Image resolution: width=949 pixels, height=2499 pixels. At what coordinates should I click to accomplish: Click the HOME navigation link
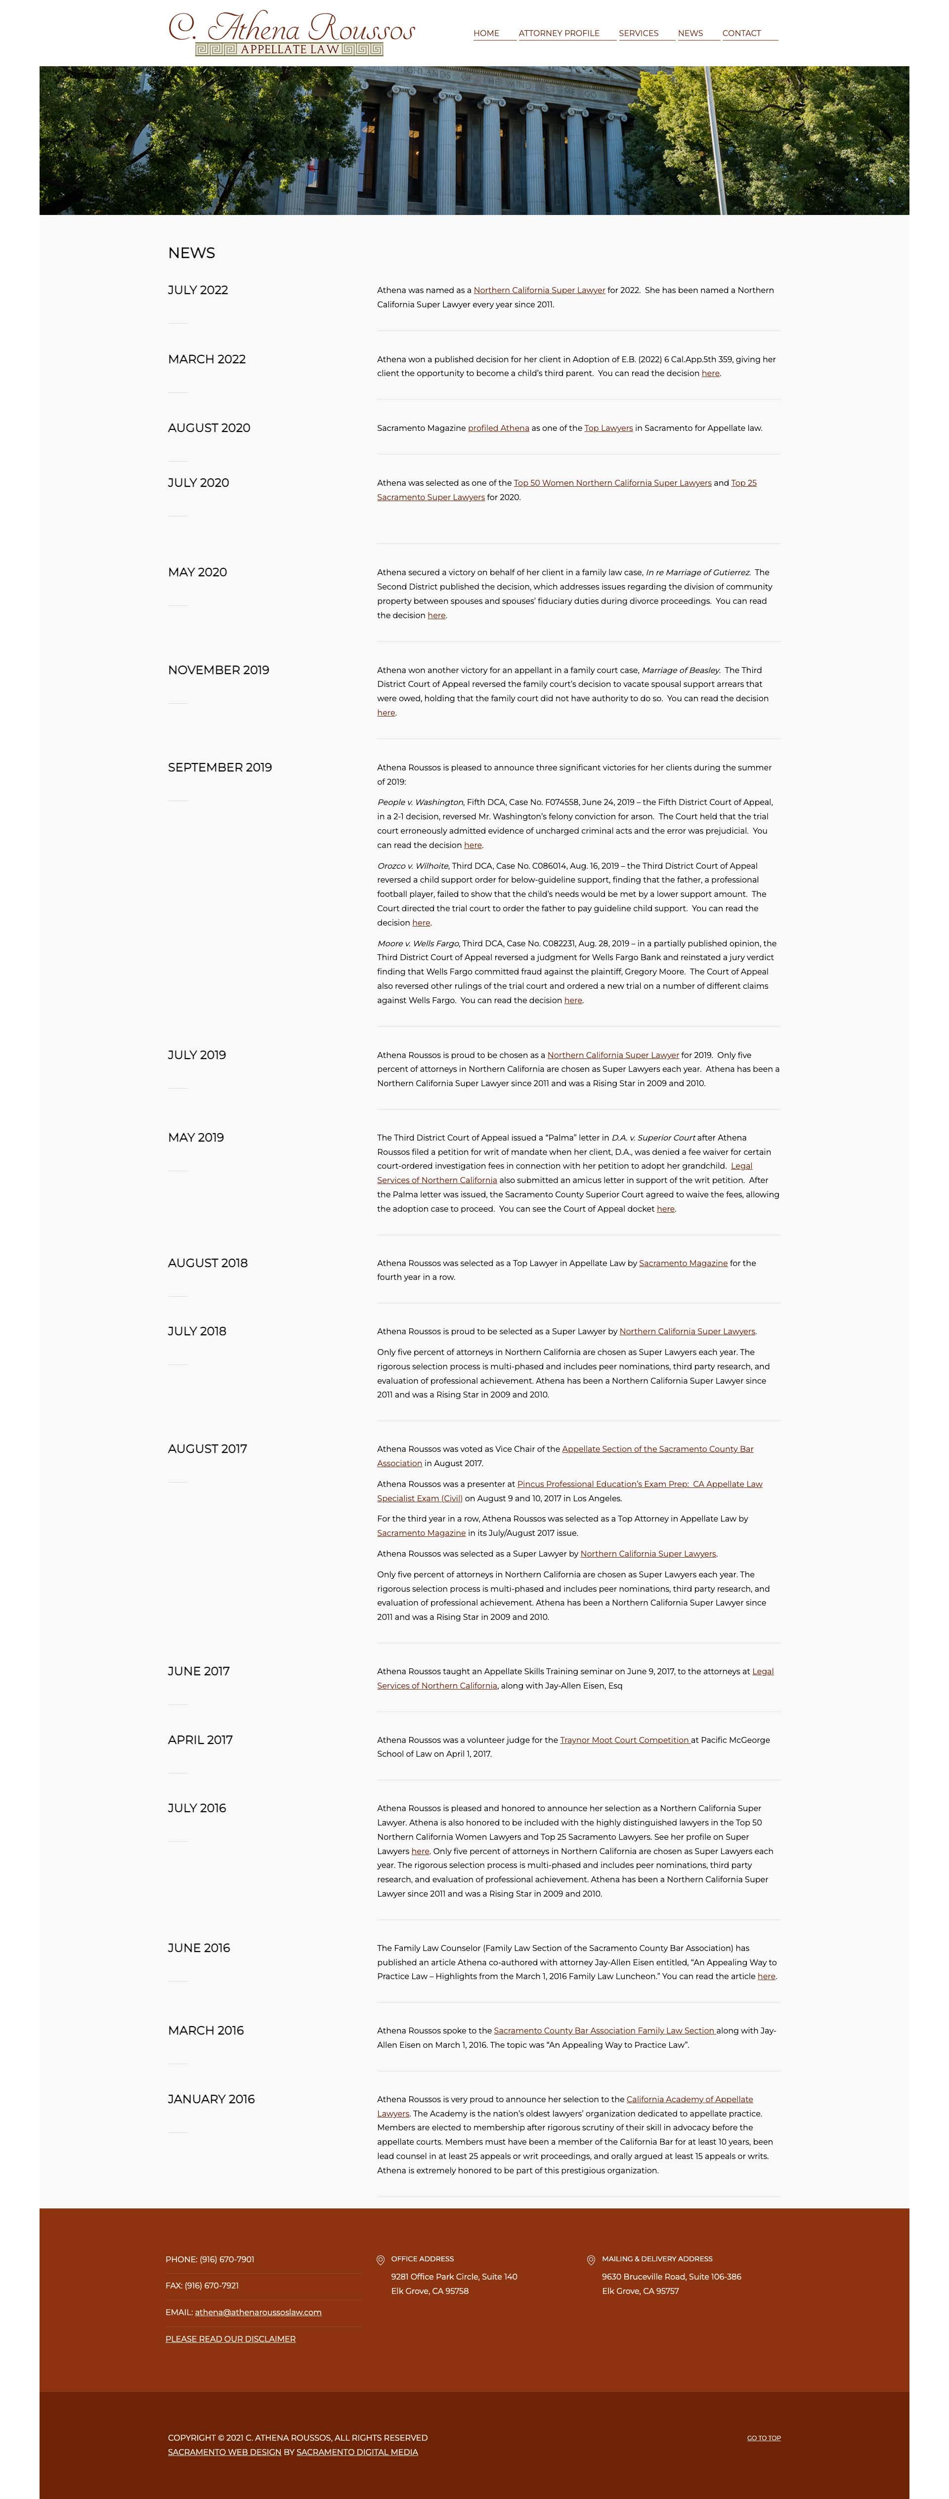486,33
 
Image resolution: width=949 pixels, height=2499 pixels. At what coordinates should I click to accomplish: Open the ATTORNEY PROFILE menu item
559,33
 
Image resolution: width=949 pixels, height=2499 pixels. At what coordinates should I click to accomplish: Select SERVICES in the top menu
639,33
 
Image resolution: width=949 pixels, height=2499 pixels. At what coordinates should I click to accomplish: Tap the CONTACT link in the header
741,33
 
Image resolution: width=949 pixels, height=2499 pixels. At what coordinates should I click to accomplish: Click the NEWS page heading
191,253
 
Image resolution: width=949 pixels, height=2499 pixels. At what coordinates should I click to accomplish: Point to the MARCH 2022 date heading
207,359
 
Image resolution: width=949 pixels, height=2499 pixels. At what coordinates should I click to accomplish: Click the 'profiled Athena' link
499,428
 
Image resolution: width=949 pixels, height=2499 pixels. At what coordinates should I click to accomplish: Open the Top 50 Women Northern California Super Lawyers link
612,483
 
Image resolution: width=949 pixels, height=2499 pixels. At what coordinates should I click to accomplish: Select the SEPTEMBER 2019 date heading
219,767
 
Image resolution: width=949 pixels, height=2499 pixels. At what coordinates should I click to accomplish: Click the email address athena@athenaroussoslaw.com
258,2312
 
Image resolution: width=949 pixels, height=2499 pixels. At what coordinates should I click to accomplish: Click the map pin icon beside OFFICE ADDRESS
381,2259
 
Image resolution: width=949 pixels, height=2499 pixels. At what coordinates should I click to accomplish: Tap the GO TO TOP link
764,2438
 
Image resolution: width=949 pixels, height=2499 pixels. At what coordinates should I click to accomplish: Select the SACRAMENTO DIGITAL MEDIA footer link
357,2453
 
